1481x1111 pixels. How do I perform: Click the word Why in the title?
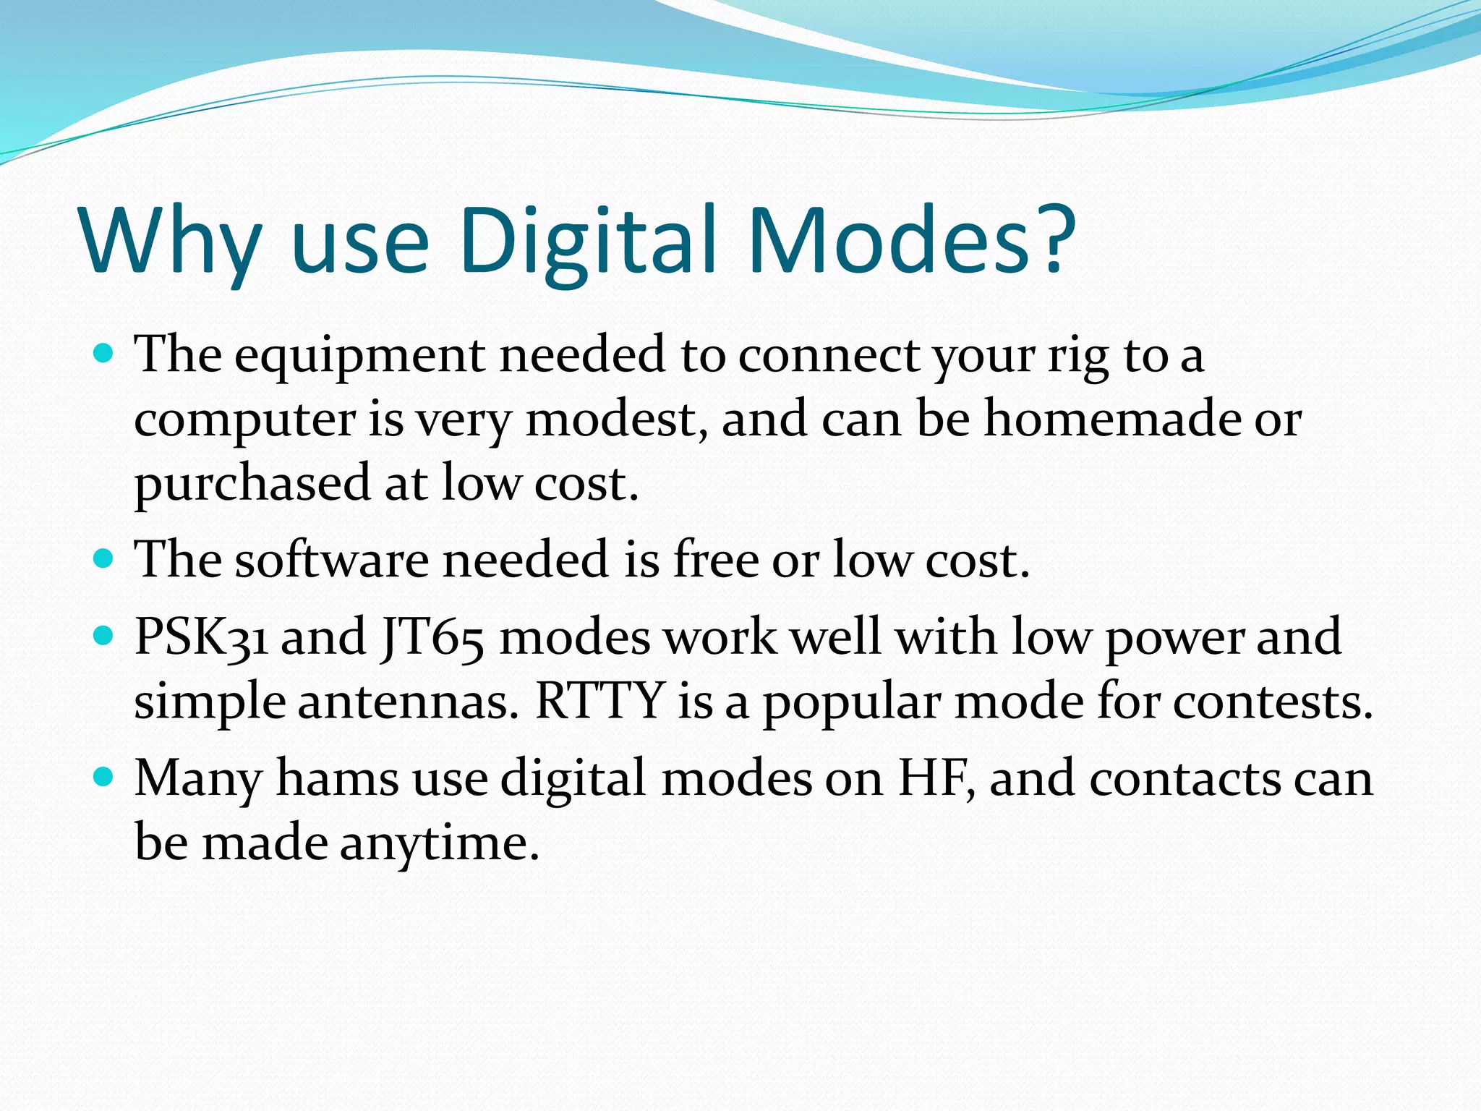[171, 240]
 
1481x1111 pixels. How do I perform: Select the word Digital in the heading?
[587, 240]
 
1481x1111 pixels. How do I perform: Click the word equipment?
[359, 356]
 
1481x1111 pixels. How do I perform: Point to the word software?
[331, 560]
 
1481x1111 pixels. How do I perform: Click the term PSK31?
[201, 638]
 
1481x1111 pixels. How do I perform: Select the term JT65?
[432, 638]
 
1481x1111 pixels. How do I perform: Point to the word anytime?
[439, 843]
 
